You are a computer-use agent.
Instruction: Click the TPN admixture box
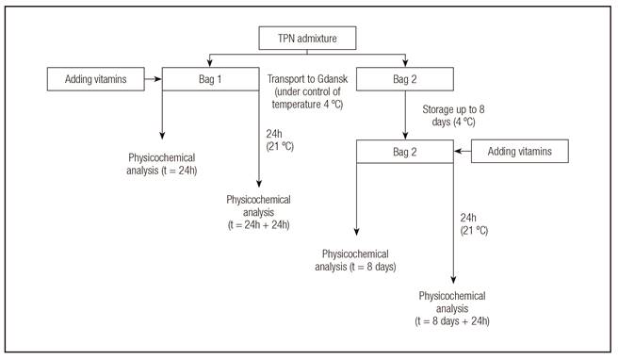coord(307,40)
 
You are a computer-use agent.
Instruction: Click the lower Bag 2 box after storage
coord(405,151)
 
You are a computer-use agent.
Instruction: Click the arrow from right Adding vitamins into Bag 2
coord(466,151)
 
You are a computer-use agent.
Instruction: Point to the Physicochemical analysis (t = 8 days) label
coord(359,260)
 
